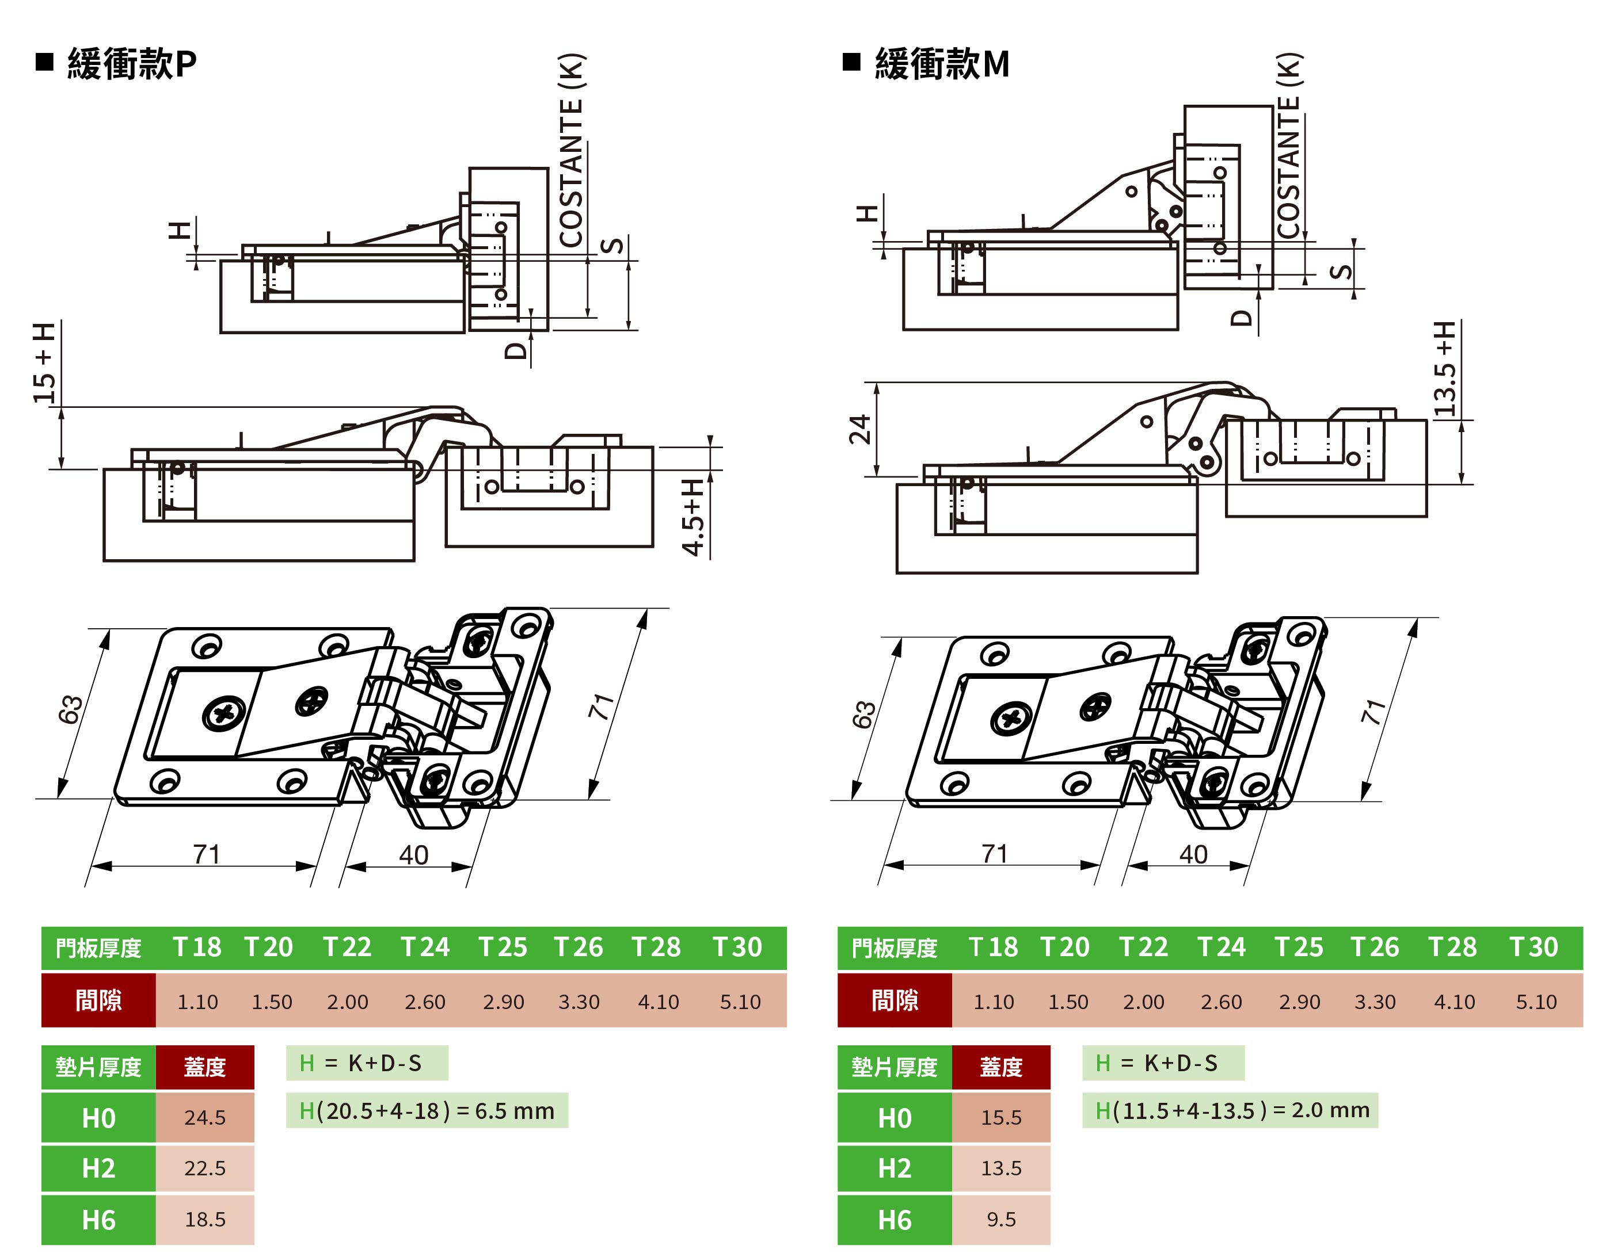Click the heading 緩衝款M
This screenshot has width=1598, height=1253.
coord(941,64)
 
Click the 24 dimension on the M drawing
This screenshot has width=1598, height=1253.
coord(859,429)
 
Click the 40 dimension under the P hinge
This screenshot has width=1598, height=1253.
coord(413,855)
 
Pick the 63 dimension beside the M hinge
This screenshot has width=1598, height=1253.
coord(863,714)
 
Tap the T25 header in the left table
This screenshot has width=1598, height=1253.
coord(503,947)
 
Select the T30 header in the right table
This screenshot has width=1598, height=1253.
coord(1534,947)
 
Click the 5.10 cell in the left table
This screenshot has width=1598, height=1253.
coord(740,1002)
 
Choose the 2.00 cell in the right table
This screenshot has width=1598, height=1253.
coord(1143,1002)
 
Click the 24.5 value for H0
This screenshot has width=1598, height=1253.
coord(205,1117)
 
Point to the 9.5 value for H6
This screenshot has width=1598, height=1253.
coord(1001,1219)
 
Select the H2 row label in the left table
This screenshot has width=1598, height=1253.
coord(98,1168)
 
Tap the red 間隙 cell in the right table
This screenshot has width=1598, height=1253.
coord(894,1000)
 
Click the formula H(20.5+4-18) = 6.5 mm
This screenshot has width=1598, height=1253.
coord(427,1111)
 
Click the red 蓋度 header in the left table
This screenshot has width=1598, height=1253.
coord(205,1067)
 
